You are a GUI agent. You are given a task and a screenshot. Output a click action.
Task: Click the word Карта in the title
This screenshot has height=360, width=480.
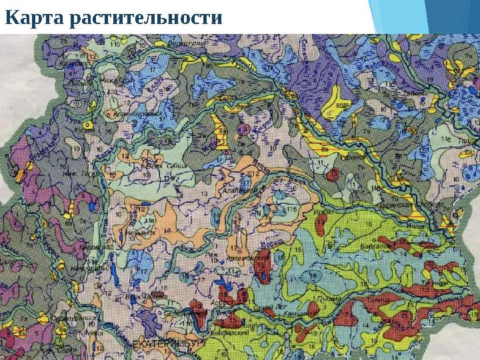[x=33, y=19]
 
